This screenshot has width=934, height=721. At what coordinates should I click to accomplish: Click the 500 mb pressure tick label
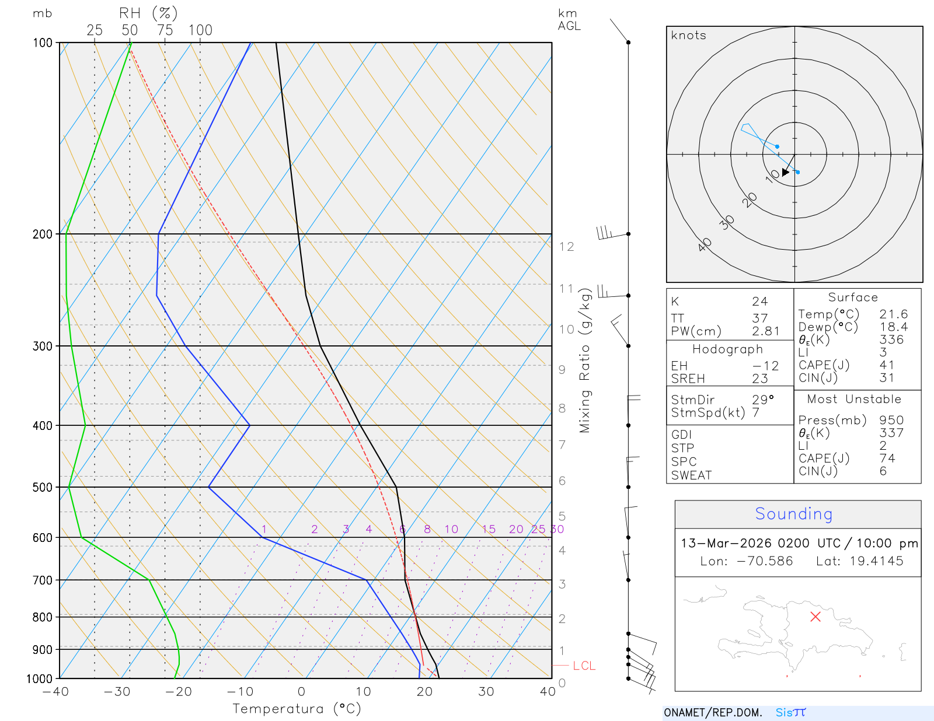43,487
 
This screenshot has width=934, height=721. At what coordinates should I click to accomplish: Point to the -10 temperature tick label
240,692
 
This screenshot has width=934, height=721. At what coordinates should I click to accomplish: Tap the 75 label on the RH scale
165,30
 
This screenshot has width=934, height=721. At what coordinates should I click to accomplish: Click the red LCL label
584,666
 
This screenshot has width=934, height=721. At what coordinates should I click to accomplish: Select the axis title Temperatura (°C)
297,709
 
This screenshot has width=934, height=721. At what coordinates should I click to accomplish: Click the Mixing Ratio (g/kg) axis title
585,360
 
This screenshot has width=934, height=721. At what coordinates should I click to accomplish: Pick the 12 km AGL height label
566,247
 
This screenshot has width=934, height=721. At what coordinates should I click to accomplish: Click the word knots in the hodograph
688,36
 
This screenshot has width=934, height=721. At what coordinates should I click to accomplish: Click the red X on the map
815,617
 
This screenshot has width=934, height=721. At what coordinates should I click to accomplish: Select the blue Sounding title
793,514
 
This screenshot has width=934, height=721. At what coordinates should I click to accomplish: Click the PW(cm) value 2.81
765,331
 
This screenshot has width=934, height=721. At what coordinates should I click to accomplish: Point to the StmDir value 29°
762,400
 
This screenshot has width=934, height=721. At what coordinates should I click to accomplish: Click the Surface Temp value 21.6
893,314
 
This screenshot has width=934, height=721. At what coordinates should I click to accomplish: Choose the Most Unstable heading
854,399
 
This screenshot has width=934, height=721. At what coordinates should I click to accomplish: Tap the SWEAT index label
691,475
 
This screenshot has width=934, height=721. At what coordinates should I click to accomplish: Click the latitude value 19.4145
876,561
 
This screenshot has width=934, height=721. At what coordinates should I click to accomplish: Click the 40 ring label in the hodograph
705,244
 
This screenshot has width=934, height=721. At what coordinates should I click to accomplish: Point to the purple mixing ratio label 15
489,529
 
